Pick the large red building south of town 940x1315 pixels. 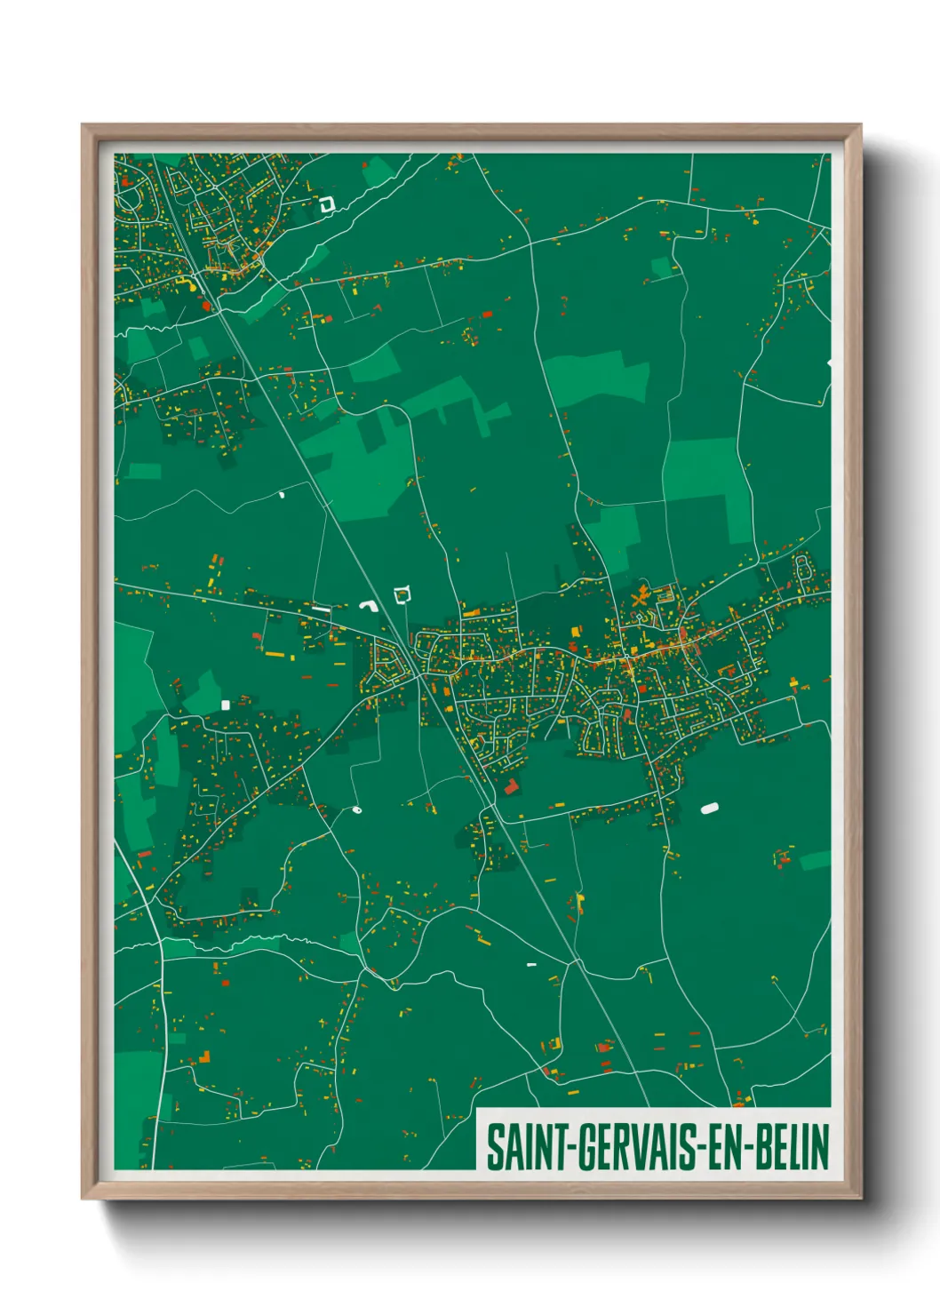click(x=511, y=786)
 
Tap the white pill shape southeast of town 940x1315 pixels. click(x=709, y=809)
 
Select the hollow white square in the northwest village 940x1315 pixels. click(x=326, y=204)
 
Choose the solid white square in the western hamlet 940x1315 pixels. click(x=225, y=705)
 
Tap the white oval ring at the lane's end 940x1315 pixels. click(x=357, y=809)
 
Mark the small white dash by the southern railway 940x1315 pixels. click(x=531, y=964)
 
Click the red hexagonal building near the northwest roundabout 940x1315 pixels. click(x=207, y=306)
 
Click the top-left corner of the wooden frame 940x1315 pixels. click(x=83, y=125)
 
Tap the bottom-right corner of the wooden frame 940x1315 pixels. click(x=860, y=1199)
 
